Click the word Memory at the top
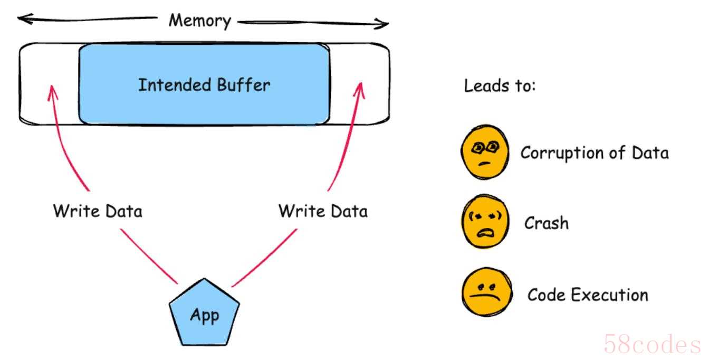point(200,21)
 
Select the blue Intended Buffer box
point(205,84)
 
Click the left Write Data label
point(98,211)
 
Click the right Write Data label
point(323,211)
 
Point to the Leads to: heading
point(500,86)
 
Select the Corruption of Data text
point(595,153)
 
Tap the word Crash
point(547,223)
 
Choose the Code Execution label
point(588,295)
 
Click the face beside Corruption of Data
point(485,152)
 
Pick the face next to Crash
point(485,221)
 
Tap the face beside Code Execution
point(487,292)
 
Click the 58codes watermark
point(652,344)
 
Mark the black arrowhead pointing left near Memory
point(25,18)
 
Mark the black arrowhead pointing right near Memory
point(381,23)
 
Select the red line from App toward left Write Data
point(149,256)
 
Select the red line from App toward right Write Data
point(264,258)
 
